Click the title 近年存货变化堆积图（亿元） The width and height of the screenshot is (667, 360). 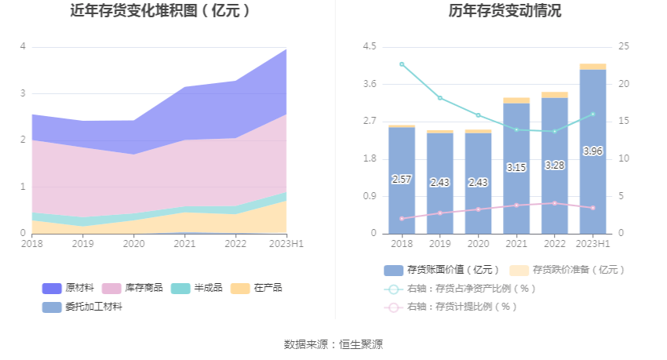tap(161, 11)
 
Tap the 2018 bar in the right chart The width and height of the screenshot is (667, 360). tap(402, 180)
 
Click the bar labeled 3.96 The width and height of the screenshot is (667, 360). tap(593, 151)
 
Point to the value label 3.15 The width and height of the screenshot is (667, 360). tap(516, 167)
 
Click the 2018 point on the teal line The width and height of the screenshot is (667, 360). tap(402, 64)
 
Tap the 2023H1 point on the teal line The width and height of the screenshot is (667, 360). tap(593, 114)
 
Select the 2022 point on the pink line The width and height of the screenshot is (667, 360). tap(555, 203)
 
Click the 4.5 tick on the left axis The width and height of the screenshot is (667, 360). tap(369, 46)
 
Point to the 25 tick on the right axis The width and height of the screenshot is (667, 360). tap(623, 46)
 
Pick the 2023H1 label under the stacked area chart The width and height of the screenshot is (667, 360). tap(287, 244)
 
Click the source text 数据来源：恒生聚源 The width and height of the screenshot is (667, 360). tap(333, 344)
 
